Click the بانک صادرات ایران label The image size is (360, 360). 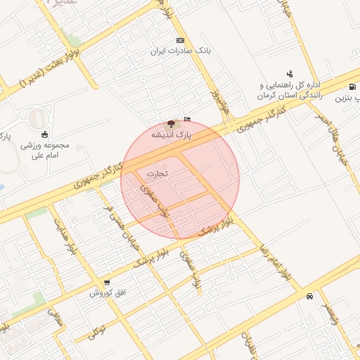point(181,51)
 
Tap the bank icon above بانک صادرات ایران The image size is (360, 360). point(181,40)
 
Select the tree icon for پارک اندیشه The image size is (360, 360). point(173,123)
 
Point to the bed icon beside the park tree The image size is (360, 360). point(187,119)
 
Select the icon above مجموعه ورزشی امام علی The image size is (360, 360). point(45,134)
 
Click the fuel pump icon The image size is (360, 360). point(350,88)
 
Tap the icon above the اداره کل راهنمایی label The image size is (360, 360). point(290,73)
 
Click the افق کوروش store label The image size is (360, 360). point(106,292)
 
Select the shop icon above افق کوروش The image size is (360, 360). point(106,282)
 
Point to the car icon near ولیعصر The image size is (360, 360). point(309,296)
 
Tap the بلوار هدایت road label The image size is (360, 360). point(63,235)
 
